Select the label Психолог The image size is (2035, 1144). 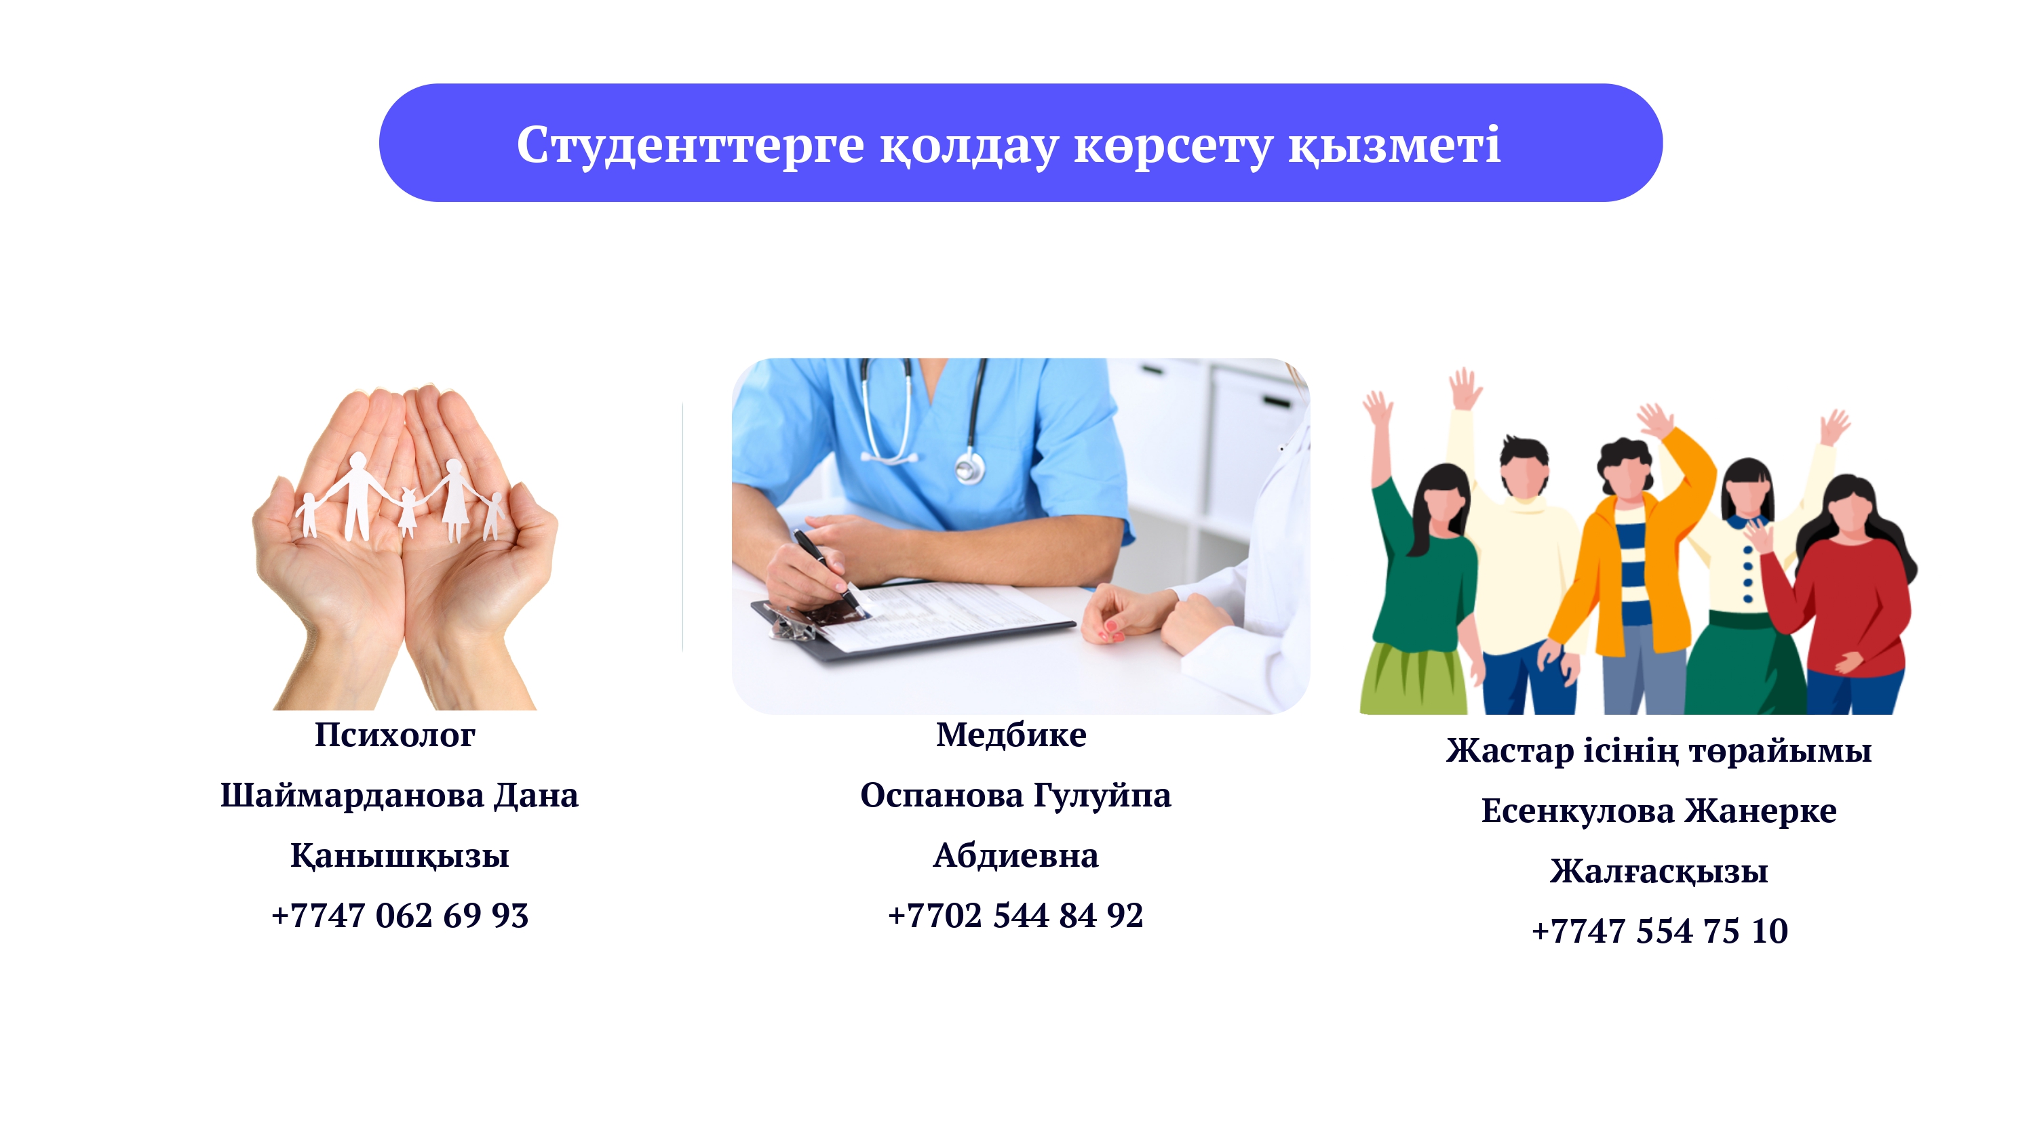tap(395, 736)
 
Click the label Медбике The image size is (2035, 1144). tap(1011, 735)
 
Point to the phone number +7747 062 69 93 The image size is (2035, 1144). tap(400, 916)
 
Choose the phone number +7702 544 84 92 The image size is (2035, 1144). tap(1016, 916)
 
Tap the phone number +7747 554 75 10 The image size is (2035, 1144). tap(1659, 932)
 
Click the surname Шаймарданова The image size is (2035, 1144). tap(351, 796)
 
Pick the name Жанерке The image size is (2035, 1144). tap(1760, 812)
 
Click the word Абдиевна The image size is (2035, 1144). tap(1016, 856)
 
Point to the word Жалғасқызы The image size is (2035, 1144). tap(1659, 872)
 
